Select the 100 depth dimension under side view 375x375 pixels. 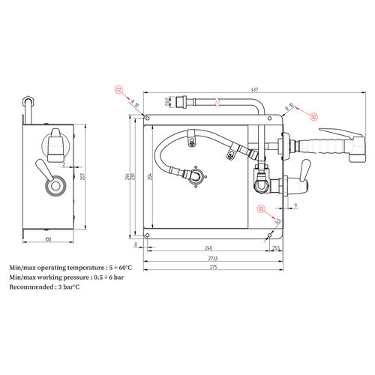(48, 240)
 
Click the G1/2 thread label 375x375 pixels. (166, 100)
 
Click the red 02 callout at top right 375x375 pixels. (314, 116)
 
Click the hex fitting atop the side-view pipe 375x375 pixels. (28, 99)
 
